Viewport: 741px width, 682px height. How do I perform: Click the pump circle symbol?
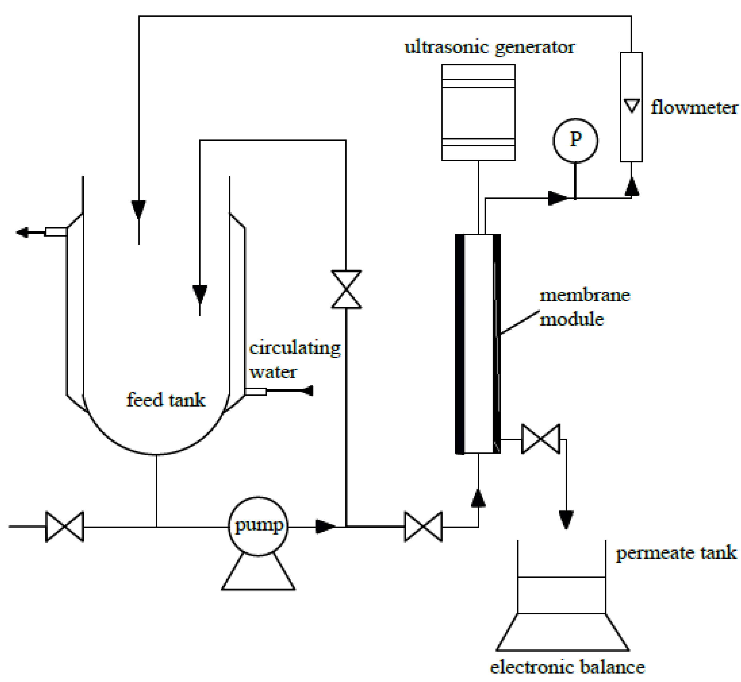tap(258, 526)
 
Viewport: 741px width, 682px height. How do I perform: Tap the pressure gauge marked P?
tap(575, 140)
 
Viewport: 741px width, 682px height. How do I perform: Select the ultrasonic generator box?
tap(478, 112)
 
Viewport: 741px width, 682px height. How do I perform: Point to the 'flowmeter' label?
tap(694, 108)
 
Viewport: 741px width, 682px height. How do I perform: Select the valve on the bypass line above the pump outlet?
tap(346, 290)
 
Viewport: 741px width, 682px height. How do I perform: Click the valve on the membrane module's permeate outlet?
tap(540, 439)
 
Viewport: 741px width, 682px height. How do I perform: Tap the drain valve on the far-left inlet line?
tap(65, 527)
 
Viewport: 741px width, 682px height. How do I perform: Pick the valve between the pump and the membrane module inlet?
tap(423, 527)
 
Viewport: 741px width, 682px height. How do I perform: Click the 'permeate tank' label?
tap(675, 553)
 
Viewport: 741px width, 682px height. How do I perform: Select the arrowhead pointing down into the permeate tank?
tap(566, 520)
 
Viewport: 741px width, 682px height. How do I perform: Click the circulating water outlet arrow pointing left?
tap(23, 232)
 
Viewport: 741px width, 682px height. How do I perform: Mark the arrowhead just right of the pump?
tap(325, 527)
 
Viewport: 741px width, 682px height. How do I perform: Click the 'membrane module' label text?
tap(584, 307)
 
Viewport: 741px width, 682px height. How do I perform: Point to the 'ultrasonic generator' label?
tap(489, 47)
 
